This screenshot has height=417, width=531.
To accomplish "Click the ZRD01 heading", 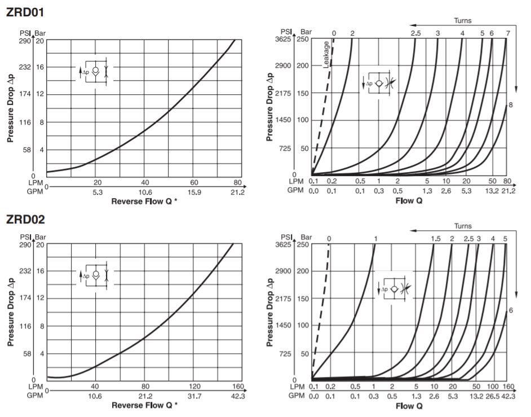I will (25, 12).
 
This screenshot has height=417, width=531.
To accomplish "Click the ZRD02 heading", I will (25, 219).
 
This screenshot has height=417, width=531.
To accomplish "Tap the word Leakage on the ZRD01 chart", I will (326, 55).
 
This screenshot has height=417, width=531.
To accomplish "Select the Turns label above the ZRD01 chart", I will (462, 21).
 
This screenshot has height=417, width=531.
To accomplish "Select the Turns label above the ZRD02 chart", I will (462, 226).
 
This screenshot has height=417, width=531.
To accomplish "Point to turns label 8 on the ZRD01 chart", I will (510, 104).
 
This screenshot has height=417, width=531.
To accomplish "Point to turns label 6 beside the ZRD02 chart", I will (510, 310).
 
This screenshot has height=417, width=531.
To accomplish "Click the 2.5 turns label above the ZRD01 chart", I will (416, 34).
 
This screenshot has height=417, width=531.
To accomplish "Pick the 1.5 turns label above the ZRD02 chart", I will (435, 239).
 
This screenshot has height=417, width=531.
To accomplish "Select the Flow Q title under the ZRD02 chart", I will (410, 405).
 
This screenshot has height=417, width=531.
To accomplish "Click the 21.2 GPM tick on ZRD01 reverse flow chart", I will (237, 192).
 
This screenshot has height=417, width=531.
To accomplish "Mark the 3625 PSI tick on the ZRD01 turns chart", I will (282, 39).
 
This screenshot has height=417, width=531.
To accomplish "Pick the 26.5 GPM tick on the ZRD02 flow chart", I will (493, 396).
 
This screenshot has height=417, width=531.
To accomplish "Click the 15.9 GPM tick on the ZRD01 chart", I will (194, 192).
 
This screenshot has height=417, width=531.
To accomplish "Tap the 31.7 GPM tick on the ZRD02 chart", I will (194, 397).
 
